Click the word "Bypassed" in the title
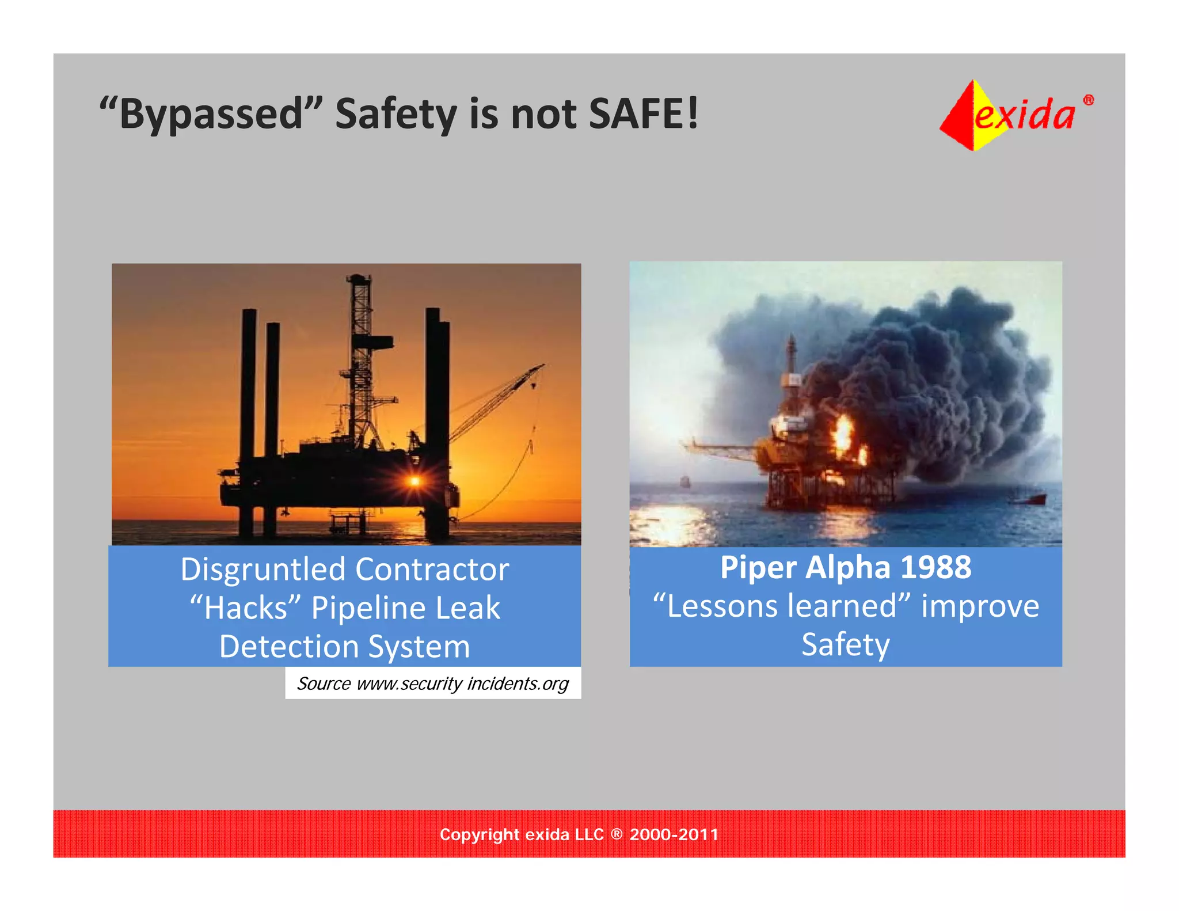point(211,113)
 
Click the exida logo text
point(1025,115)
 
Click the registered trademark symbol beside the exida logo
point(1089,100)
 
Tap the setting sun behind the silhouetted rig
point(414,480)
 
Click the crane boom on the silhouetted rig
point(495,403)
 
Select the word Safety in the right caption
point(846,644)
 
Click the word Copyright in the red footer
point(480,834)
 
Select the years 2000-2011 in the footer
point(674,834)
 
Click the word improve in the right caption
point(980,606)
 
